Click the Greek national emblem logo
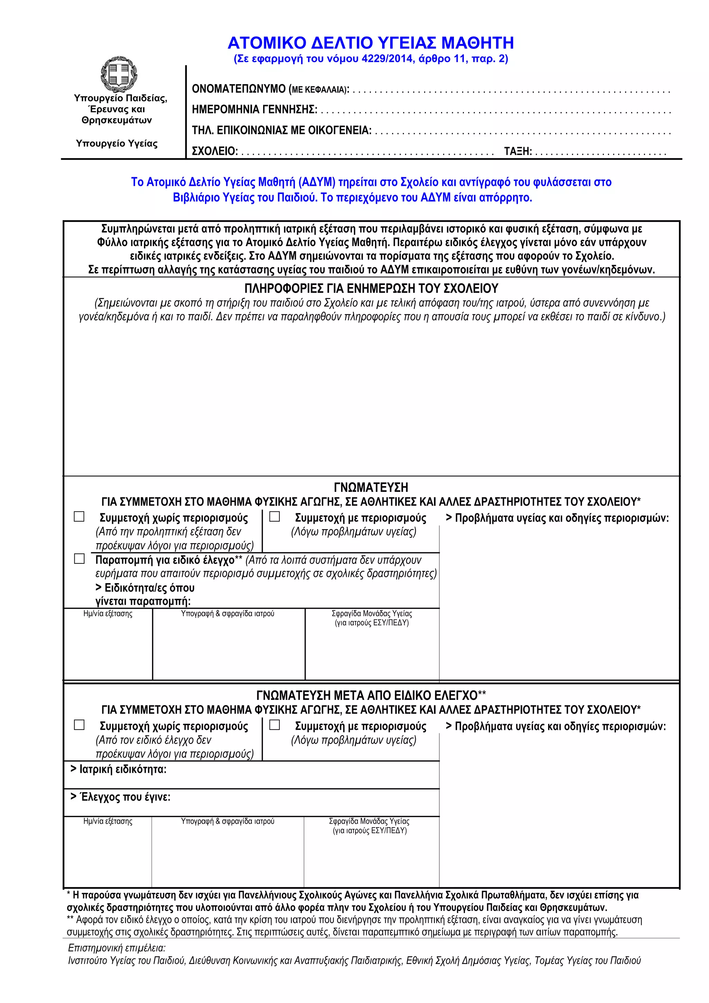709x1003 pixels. (119, 74)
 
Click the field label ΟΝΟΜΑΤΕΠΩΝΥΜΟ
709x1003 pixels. (239, 89)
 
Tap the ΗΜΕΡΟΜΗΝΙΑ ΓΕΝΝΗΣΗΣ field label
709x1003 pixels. (254, 110)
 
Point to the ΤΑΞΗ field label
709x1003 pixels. (517, 152)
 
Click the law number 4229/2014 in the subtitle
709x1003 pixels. (387, 59)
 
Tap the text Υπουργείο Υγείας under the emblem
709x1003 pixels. (117, 143)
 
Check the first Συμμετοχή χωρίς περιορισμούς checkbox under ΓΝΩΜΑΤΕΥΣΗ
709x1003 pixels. (79, 517)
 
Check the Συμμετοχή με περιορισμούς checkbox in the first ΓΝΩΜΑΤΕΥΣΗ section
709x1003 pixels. (274, 517)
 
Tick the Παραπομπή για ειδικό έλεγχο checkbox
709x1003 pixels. (79, 559)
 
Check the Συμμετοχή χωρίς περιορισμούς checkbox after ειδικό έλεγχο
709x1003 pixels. (79, 725)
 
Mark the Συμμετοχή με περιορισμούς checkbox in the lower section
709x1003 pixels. (274, 725)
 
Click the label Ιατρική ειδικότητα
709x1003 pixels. (122, 769)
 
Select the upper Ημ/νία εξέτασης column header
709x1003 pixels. (108, 614)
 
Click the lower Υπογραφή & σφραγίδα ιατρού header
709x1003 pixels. (227, 821)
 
